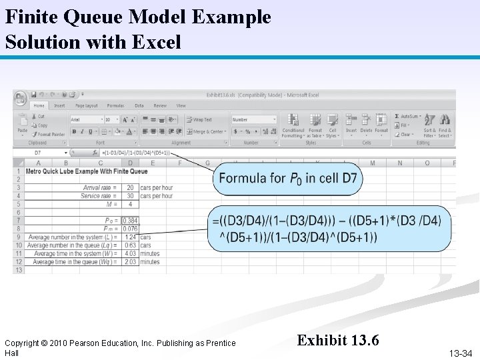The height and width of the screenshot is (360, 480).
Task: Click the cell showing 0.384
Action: click(130, 221)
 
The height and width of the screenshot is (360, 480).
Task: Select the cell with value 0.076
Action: click(130, 229)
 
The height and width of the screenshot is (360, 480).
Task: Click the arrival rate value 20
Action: click(130, 187)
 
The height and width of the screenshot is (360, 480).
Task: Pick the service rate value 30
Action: click(130, 196)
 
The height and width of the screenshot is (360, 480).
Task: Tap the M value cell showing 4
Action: click(130, 204)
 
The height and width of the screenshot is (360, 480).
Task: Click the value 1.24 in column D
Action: click(130, 237)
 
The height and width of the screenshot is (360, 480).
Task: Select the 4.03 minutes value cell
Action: click(130, 253)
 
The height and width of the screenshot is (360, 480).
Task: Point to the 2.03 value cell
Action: click(130, 262)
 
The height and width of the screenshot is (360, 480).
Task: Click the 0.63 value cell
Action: click(130, 245)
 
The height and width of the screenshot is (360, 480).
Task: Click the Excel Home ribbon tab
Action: click(39, 105)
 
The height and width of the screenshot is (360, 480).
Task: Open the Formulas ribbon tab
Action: click(115, 105)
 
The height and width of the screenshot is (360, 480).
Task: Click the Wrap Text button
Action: click(199, 120)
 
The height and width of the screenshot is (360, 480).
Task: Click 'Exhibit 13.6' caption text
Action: click(338, 341)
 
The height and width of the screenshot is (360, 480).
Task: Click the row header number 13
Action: click(18, 270)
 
